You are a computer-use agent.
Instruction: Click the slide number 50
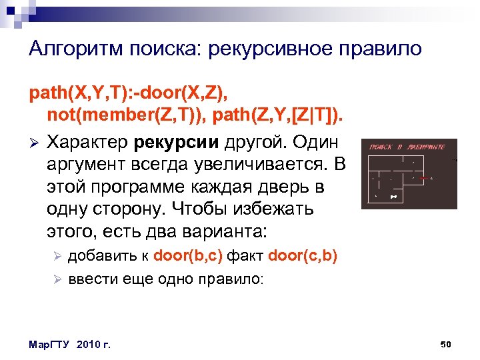447,344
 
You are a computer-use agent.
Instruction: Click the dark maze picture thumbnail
409,173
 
